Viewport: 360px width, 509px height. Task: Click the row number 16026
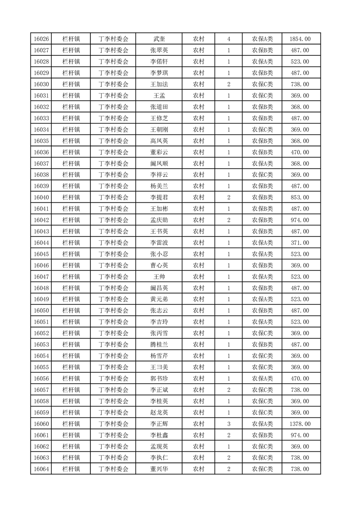tap(41, 39)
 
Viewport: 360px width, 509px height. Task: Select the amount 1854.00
tap(300, 39)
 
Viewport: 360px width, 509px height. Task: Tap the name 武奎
tap(159, 39)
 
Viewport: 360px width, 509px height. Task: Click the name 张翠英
tap(159, 50)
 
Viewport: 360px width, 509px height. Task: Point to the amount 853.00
tap(300, 197)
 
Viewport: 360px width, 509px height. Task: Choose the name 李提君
tap(159, 197)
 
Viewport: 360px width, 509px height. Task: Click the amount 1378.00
tap(300, 424)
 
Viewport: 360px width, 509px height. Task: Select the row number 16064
tap(41, 469)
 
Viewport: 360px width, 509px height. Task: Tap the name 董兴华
tap(159, 469)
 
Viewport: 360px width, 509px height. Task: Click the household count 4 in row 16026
tap(228, 39)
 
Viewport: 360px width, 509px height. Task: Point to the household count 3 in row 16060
tap(228, 424)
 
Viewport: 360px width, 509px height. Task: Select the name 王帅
tap(159, 277)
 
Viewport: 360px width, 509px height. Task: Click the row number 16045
tap(41, 254)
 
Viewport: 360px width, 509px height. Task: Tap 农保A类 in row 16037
tap(262, 163)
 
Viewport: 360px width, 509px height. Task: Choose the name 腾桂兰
tap(159, 344)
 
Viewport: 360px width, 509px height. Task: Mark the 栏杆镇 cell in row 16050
tap(71, 310)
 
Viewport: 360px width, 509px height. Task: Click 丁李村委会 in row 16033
tap(113, 118)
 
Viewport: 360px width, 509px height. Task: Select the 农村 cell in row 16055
tap(198, 367)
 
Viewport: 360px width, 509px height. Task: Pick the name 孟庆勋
tap(159, 220)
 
